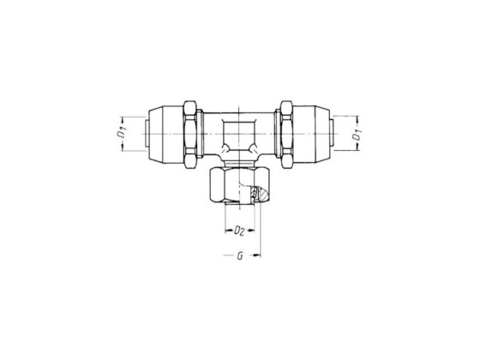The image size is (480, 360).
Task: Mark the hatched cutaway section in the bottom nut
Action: pos(255,195)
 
